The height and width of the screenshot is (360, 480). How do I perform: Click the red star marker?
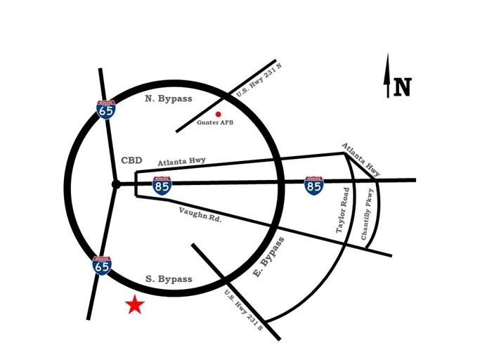135,305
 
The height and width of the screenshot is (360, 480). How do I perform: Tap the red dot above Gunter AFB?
219,115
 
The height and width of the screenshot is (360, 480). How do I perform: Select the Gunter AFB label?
215,122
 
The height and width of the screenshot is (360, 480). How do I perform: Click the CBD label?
131,160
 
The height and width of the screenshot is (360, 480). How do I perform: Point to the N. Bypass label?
169,98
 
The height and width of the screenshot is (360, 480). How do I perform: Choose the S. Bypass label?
169,279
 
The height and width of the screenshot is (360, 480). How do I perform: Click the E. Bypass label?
269,257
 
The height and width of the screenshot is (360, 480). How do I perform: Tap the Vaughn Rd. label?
200,214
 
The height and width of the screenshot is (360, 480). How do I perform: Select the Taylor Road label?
342,210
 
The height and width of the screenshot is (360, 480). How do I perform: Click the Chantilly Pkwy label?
368,214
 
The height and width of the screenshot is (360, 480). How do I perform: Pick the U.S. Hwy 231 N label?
259,80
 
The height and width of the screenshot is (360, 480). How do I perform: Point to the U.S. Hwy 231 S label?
244,310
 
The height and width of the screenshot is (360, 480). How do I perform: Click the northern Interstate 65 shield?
106,110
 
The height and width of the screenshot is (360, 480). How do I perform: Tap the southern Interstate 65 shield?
102,266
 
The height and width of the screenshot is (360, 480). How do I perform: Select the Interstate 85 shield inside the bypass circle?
162,186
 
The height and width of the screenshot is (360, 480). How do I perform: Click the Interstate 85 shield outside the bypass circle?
313,186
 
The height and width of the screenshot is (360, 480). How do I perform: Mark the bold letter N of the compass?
402,87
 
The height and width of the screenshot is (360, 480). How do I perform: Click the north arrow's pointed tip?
388,53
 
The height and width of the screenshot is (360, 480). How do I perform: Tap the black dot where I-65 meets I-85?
116,184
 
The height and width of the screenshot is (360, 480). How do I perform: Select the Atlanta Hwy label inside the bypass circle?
181,162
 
